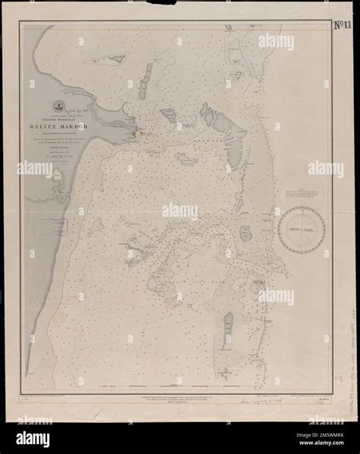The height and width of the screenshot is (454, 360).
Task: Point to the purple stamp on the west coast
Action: click(x=56, y=225)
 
